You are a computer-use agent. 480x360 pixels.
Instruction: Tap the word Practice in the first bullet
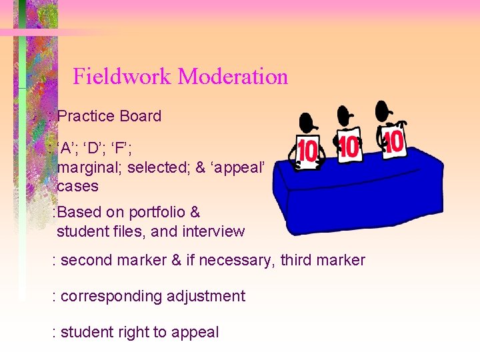[x=86, y=116]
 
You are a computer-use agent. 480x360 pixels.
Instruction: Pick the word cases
[x=77, y=186]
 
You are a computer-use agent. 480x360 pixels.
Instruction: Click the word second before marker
[x=87, y=260]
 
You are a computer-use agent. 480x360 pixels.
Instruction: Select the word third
[x=297, y=260]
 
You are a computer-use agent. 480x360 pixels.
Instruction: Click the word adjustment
[x=206, y=296]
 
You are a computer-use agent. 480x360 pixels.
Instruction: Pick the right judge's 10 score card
[x=394, y=141]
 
